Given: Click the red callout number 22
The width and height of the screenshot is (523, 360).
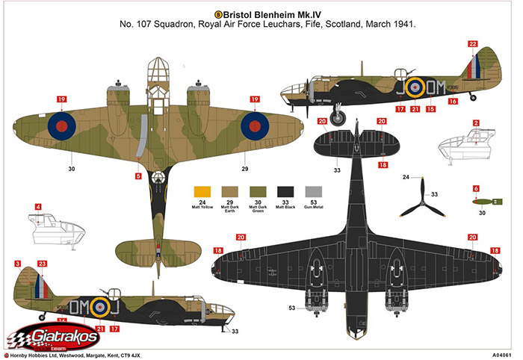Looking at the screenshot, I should pos(472,44).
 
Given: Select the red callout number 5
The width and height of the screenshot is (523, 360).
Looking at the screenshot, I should pos(137,176).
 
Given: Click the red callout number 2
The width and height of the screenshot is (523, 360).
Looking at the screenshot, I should pos(476,122).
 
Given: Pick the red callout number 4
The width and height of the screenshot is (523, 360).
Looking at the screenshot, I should pos(38,206).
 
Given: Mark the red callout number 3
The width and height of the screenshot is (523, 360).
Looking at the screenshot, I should pos(17,264).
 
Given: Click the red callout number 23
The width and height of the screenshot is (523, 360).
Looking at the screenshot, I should pos(42,264).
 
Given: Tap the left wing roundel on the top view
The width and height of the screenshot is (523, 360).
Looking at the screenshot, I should pos(61,125).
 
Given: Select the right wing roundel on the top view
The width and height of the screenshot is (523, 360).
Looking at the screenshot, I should pos(256,125).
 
